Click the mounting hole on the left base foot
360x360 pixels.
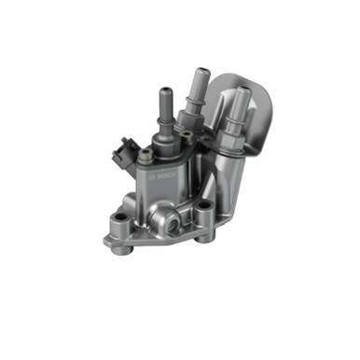pos(118,222)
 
